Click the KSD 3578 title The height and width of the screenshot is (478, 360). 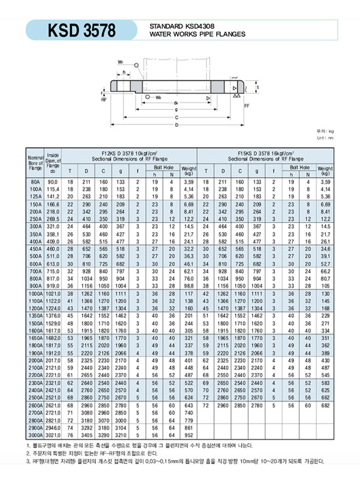tap(82, 31)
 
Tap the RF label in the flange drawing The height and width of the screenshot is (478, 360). tap(104, 100)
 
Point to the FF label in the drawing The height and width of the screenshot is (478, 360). tap(246, 105)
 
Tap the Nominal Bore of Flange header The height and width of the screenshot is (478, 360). tap(36, 162)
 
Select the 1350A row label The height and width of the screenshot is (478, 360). tap(36, 316)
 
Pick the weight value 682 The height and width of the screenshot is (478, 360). tap(325, 405)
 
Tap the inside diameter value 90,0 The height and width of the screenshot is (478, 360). tap(53, 183)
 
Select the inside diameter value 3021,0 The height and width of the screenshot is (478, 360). tap(53, 435)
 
